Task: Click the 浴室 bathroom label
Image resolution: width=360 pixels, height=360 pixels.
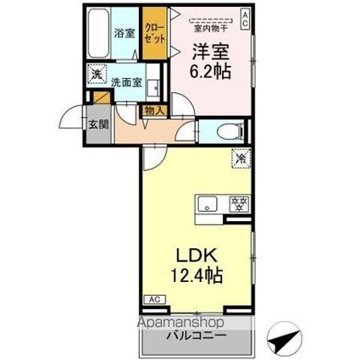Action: [x=125, y=34]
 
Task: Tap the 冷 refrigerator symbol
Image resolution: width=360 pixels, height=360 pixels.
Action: [x=241, y=156]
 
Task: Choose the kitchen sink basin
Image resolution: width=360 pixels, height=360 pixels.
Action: [x=208, y=205]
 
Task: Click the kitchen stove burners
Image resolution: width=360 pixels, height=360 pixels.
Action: [x=240, y=204]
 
